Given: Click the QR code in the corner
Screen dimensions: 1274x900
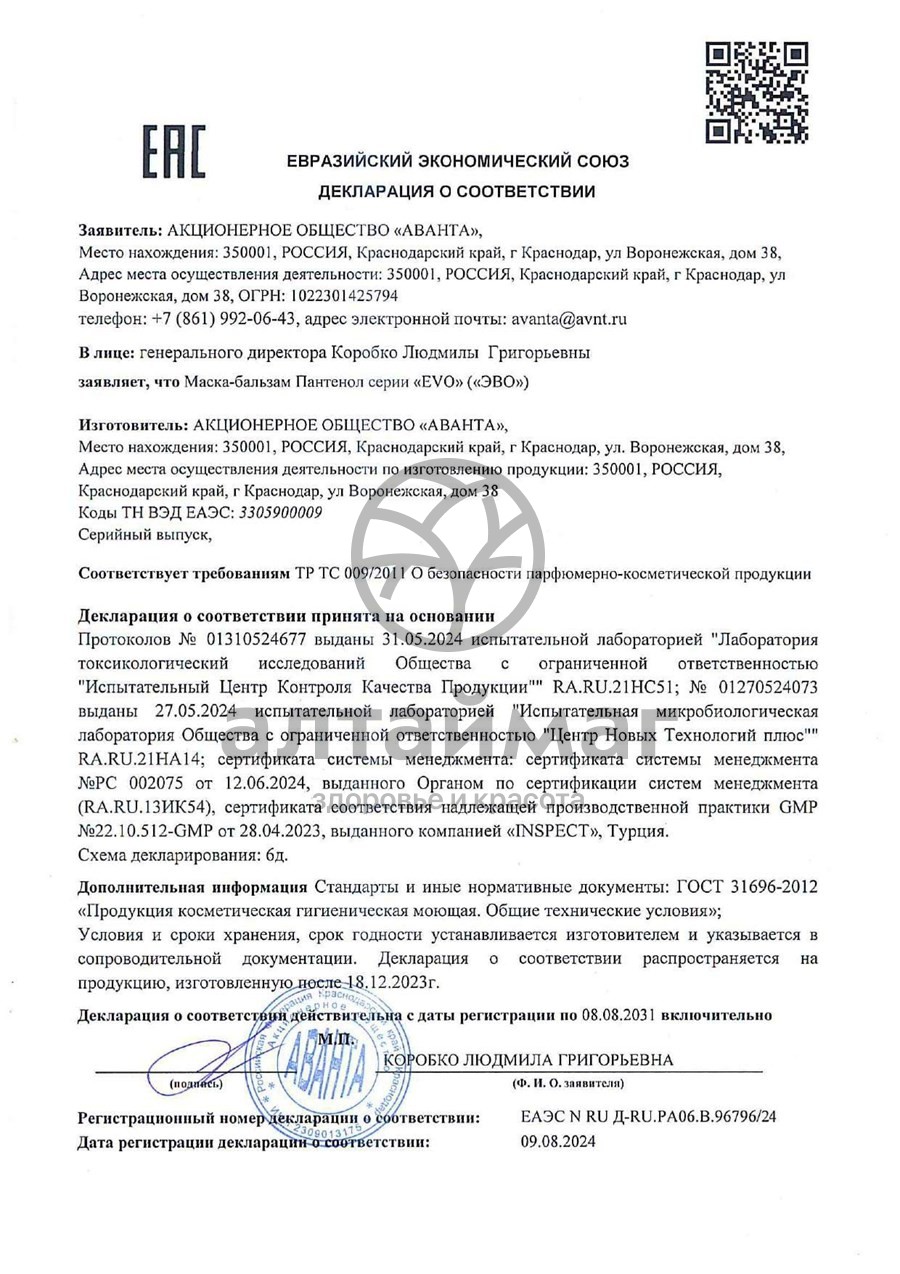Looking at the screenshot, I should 756,91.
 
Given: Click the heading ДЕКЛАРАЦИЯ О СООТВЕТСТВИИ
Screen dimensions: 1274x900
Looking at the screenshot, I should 457,191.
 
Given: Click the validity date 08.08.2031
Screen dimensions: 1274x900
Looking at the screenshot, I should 620,1015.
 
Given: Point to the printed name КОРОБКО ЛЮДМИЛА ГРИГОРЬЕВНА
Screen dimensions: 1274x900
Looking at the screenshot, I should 529,1060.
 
